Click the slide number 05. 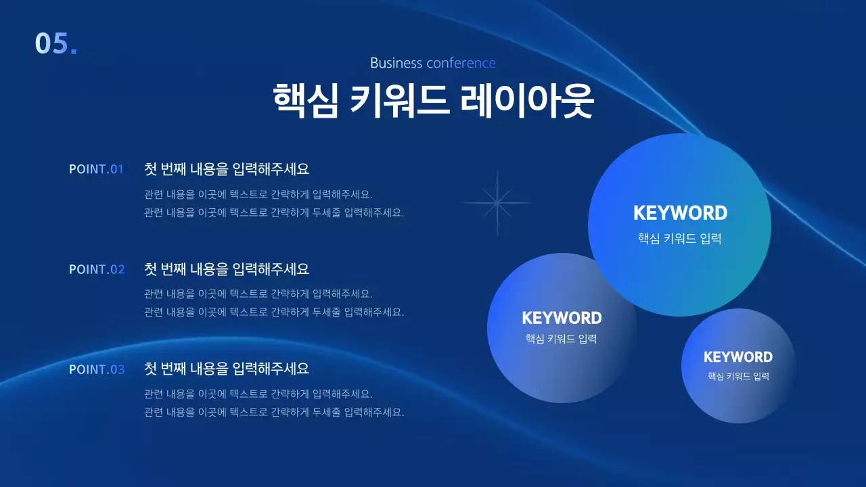pyautogui.click(x=55, y=43)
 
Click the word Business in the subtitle pyautogui.click(x=396, y=63)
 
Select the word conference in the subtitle pyautogui.click(x=461, y=63)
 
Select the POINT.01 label pyautogui.click(x=97, y=169)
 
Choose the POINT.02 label pyautogui.click(x=97, y=269)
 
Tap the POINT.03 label pyautogui.click(x=97, y=369)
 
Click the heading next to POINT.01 pyautogui.click(x=227, y=169)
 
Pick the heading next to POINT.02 pyautogui.click(x=227, y=269)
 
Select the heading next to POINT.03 pyautogui.click(x=227, y=369)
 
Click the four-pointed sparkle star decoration pyautogui.click(x=497, y=203)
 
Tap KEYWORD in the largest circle pyautogui.click(x=680, y=213)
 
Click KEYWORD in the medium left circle pyautogui.click(x=562, y=318)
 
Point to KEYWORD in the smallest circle pyautogui.click(x=738, y=357)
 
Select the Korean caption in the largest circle pyautogui.click(x=680, y=239)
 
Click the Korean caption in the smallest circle pyautogui.click(x=738, y=376)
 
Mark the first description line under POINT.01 pyautogui.click(x=258, y=195)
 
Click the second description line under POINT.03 pyautogui.click(x=274, y=412)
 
